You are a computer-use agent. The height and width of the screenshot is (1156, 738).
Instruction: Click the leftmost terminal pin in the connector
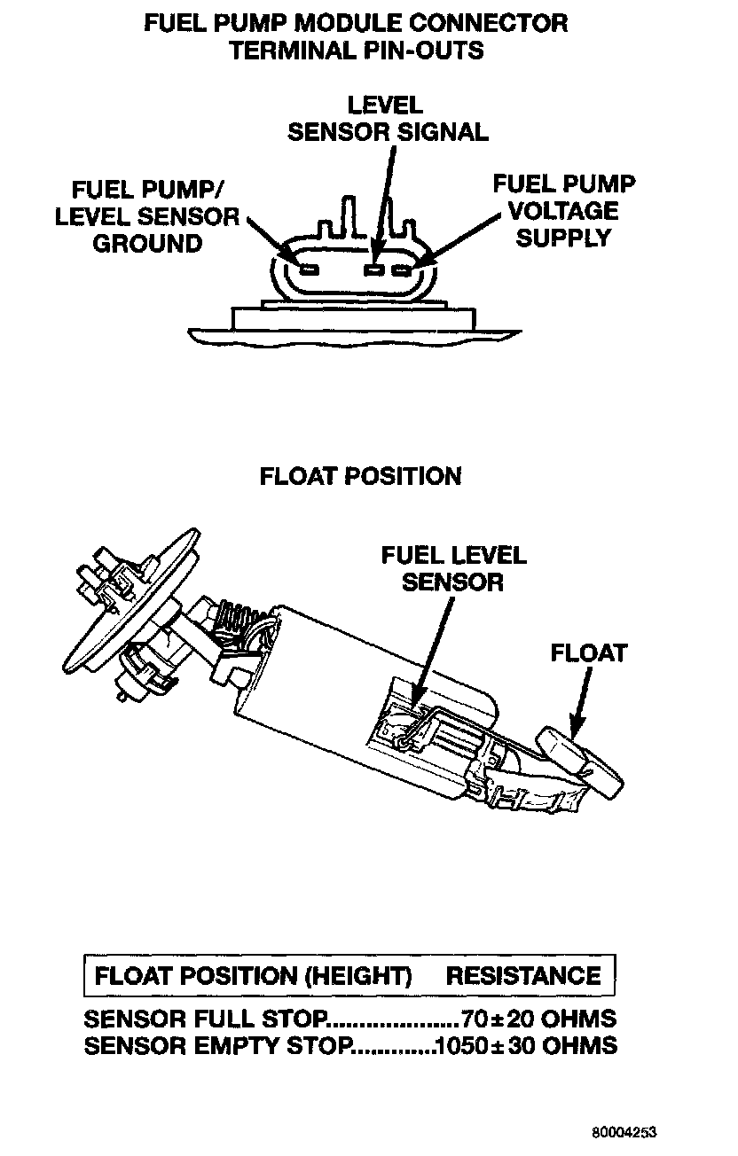click(310, 268)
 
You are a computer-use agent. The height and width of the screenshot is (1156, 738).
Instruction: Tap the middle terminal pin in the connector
click(375, 268)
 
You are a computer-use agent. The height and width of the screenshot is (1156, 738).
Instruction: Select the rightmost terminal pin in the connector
click(402, 268)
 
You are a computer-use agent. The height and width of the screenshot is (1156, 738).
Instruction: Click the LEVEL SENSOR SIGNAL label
click(388, 119)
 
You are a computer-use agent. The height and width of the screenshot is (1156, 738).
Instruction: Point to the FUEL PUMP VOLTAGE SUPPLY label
click(564, 211)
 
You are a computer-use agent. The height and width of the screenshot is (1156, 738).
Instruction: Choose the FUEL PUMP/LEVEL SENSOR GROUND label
click(148, 216)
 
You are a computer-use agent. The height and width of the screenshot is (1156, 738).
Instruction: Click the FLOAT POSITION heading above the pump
click(360, 476)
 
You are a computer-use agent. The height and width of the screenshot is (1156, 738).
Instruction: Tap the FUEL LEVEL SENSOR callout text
click(453, 568)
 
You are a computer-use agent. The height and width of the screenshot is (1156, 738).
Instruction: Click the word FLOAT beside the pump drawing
click(589, 653)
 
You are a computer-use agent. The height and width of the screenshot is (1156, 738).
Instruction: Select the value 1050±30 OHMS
click(527, 1045)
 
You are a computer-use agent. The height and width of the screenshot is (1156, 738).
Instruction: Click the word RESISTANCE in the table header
click(523, 977)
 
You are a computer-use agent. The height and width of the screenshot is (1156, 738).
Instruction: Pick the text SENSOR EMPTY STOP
click(218, 1045)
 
